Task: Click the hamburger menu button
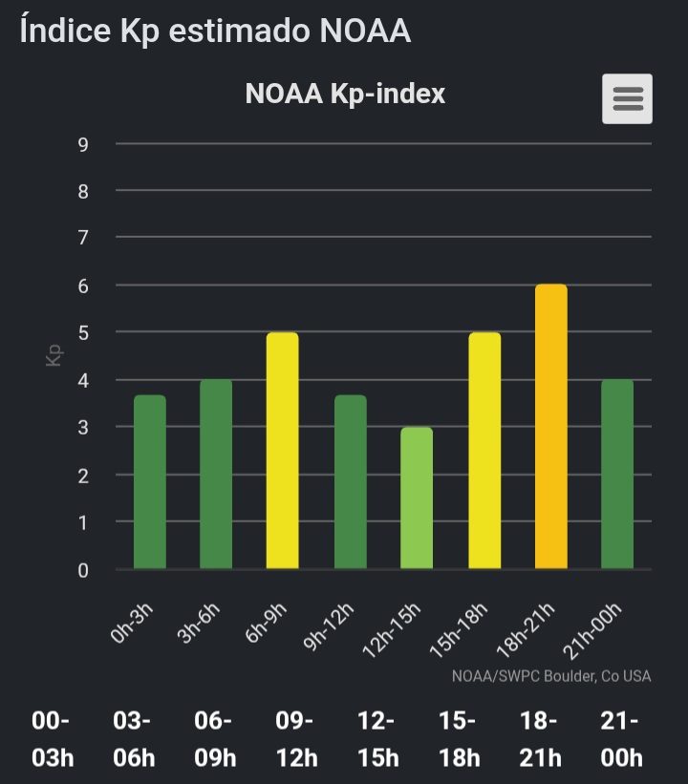tap(627, 98)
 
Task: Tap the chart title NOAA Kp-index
tap(345, 94)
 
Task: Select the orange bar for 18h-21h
tap(550, 427)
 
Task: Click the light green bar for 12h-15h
tap(417, 498)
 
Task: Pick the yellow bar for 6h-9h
tap(282, 451)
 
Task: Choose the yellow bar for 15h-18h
tap(484, 451)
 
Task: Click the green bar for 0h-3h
tap(149, 482)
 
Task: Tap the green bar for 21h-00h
tap(617, 475)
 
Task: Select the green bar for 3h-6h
tap(216, 475)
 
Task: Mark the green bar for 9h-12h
tap(350, 482)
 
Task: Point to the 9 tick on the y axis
tap(83, 144)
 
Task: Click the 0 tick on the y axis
tap(83, 571)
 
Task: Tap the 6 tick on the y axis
tap(83, 286)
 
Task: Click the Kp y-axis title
tap(54, 356)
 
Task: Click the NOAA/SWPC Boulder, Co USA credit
tap(551, 676)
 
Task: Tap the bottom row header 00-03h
tap(53, 739)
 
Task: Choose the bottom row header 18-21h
tap(540, 739)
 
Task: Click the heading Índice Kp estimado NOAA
tap(215, 31)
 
